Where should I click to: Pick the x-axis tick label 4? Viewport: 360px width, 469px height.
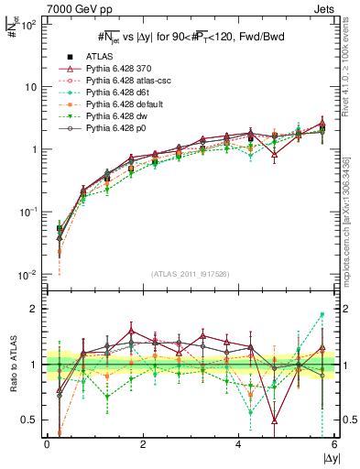[238, 445]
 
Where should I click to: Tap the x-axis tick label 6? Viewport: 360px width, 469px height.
[334, 445]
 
